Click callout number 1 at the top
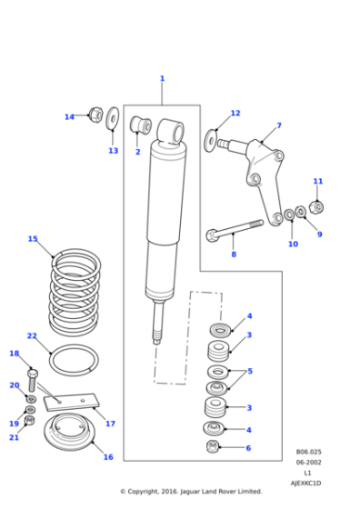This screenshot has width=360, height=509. coord(162,79)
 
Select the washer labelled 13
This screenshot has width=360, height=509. coord(113,118)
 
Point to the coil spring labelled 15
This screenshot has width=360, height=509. coord(75,291)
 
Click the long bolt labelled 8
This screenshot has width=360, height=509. coord(235,229)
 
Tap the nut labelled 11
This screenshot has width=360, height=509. coord(316,206)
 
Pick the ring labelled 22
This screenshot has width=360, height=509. coord(73,360)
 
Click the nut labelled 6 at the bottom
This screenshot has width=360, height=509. coord(213,446)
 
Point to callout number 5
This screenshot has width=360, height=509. coord(249,371)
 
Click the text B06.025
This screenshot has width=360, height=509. coord(308,452)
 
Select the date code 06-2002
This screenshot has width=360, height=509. coord(308,463)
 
